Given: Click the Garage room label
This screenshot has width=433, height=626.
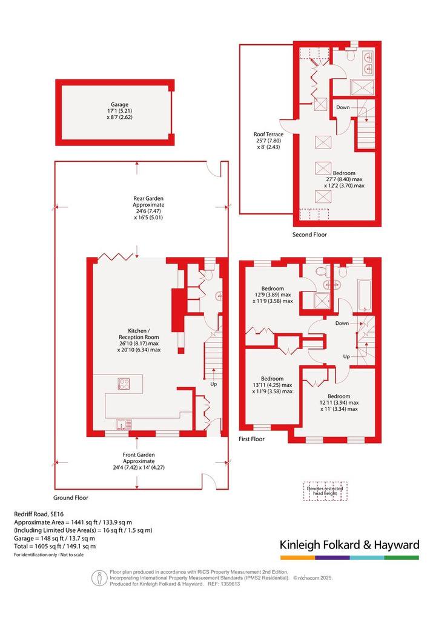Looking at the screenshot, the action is coord(119,110).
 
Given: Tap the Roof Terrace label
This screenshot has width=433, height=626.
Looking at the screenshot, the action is coord(268,141).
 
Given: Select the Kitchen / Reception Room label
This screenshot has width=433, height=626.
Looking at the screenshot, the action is coord(139,340).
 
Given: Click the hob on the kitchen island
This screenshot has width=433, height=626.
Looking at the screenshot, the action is coord(124,384).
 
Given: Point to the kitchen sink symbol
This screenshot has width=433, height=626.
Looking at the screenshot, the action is coord(124,424).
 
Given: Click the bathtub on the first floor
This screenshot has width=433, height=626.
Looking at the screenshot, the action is coord(365,296).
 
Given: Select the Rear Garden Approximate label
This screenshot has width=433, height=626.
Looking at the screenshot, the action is coord(148,208).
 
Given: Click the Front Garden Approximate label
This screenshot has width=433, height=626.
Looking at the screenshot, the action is coord(139,461).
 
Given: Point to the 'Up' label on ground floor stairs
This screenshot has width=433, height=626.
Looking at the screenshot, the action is coord(214,384).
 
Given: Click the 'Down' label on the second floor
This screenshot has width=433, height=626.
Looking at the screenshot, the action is coord(343,107).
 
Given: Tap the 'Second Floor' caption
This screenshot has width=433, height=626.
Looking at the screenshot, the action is coord(309,235).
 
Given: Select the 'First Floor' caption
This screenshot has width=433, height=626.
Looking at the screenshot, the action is coord(251,439).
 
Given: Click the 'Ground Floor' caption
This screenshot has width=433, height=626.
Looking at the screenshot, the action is coord(71,498).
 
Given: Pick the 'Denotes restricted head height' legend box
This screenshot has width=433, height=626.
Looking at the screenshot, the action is coord(325,491).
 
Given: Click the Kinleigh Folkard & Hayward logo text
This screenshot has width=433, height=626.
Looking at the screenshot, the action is coord(349,545).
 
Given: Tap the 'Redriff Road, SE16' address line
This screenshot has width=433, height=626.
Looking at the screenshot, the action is coord(39,514).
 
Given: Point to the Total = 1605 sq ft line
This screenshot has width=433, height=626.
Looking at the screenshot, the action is coord(55,546).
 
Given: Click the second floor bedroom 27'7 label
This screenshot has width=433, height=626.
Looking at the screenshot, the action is coord(344,179).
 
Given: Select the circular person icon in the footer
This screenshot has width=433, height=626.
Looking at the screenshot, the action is coord(99,578).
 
